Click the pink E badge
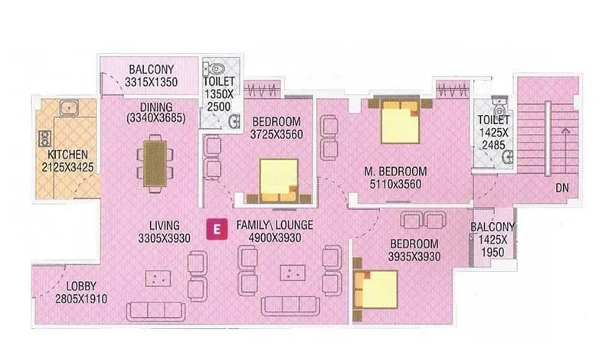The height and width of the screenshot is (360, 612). click(217, 228)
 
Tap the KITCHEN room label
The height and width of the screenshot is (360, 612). click(67, 155)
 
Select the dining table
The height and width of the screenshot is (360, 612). click(155, 164)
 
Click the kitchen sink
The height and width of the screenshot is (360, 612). click(69, 107)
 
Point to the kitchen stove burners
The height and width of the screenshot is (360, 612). click(44, 139)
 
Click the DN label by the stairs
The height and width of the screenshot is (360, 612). click(562, 188)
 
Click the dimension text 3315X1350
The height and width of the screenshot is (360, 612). click(151, 82)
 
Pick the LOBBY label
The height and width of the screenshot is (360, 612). click(81, 286)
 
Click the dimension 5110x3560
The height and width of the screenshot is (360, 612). click(395, 184)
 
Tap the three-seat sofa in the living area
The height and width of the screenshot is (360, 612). click(155, 311)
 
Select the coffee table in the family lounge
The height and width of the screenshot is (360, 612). click(293, 273)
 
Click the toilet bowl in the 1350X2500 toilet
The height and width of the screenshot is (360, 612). click(216, 69)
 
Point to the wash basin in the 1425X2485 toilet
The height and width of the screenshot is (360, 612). click(508, 158)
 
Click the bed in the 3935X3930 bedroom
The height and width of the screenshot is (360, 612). click(375, 290)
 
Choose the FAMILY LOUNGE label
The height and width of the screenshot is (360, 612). click(275, 225)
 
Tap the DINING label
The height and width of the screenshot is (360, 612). click(156, 107)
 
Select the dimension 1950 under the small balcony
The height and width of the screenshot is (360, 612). click(493, 252)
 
